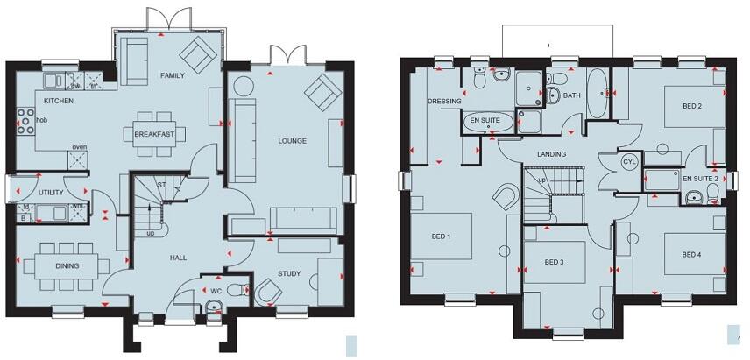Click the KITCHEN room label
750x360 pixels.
[x=59, y=102]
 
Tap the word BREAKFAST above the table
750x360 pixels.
[x=154, y=134]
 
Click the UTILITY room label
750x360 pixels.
[x=53, y=192]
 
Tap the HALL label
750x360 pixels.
[x=179, y=258]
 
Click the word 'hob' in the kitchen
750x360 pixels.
[x=41, y=120]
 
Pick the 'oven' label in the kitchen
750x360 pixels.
[x=79, y=147]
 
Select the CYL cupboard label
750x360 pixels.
[x=629, y=162]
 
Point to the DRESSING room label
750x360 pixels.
[x=444, y=102]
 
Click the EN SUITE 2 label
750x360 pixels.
[x=700, y=179]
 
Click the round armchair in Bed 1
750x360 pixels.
[x=506, y=196]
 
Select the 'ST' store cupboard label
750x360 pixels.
[x=160, y=186]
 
